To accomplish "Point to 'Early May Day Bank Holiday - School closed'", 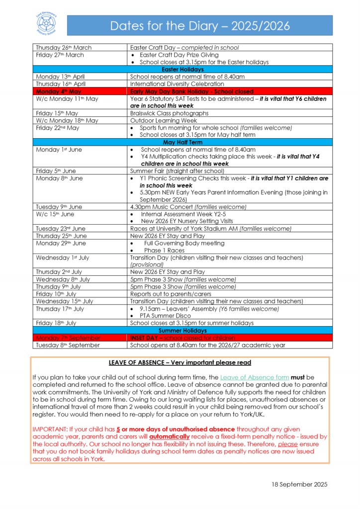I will click(192, 91).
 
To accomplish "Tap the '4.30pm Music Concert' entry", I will click(188, 207).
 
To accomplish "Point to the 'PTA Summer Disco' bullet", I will click(166, 316).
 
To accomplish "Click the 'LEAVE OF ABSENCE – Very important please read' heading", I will click(180, 363).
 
